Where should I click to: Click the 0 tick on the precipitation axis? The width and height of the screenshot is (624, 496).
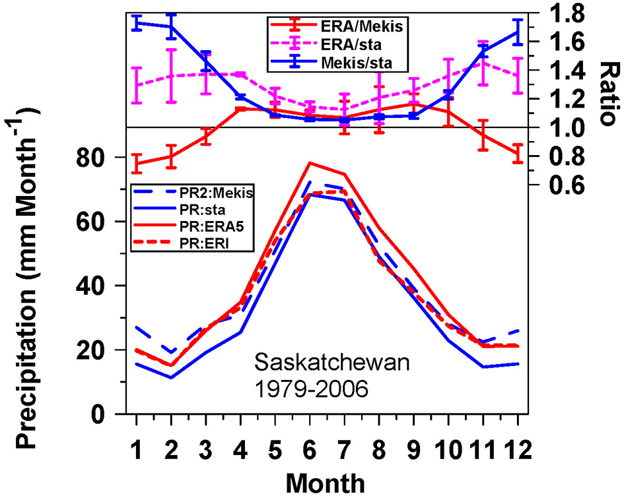click(x=105, y=415)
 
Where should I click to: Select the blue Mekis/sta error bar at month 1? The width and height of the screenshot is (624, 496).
click(x=136, y=23)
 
